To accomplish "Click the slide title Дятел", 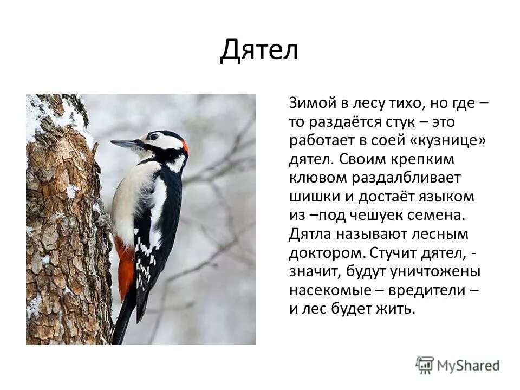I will point(259,50).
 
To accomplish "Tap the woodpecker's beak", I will point(126,144).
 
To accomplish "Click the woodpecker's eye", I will point(155,137).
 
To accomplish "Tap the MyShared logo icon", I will point(425,365).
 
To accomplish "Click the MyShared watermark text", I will point(469,366).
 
